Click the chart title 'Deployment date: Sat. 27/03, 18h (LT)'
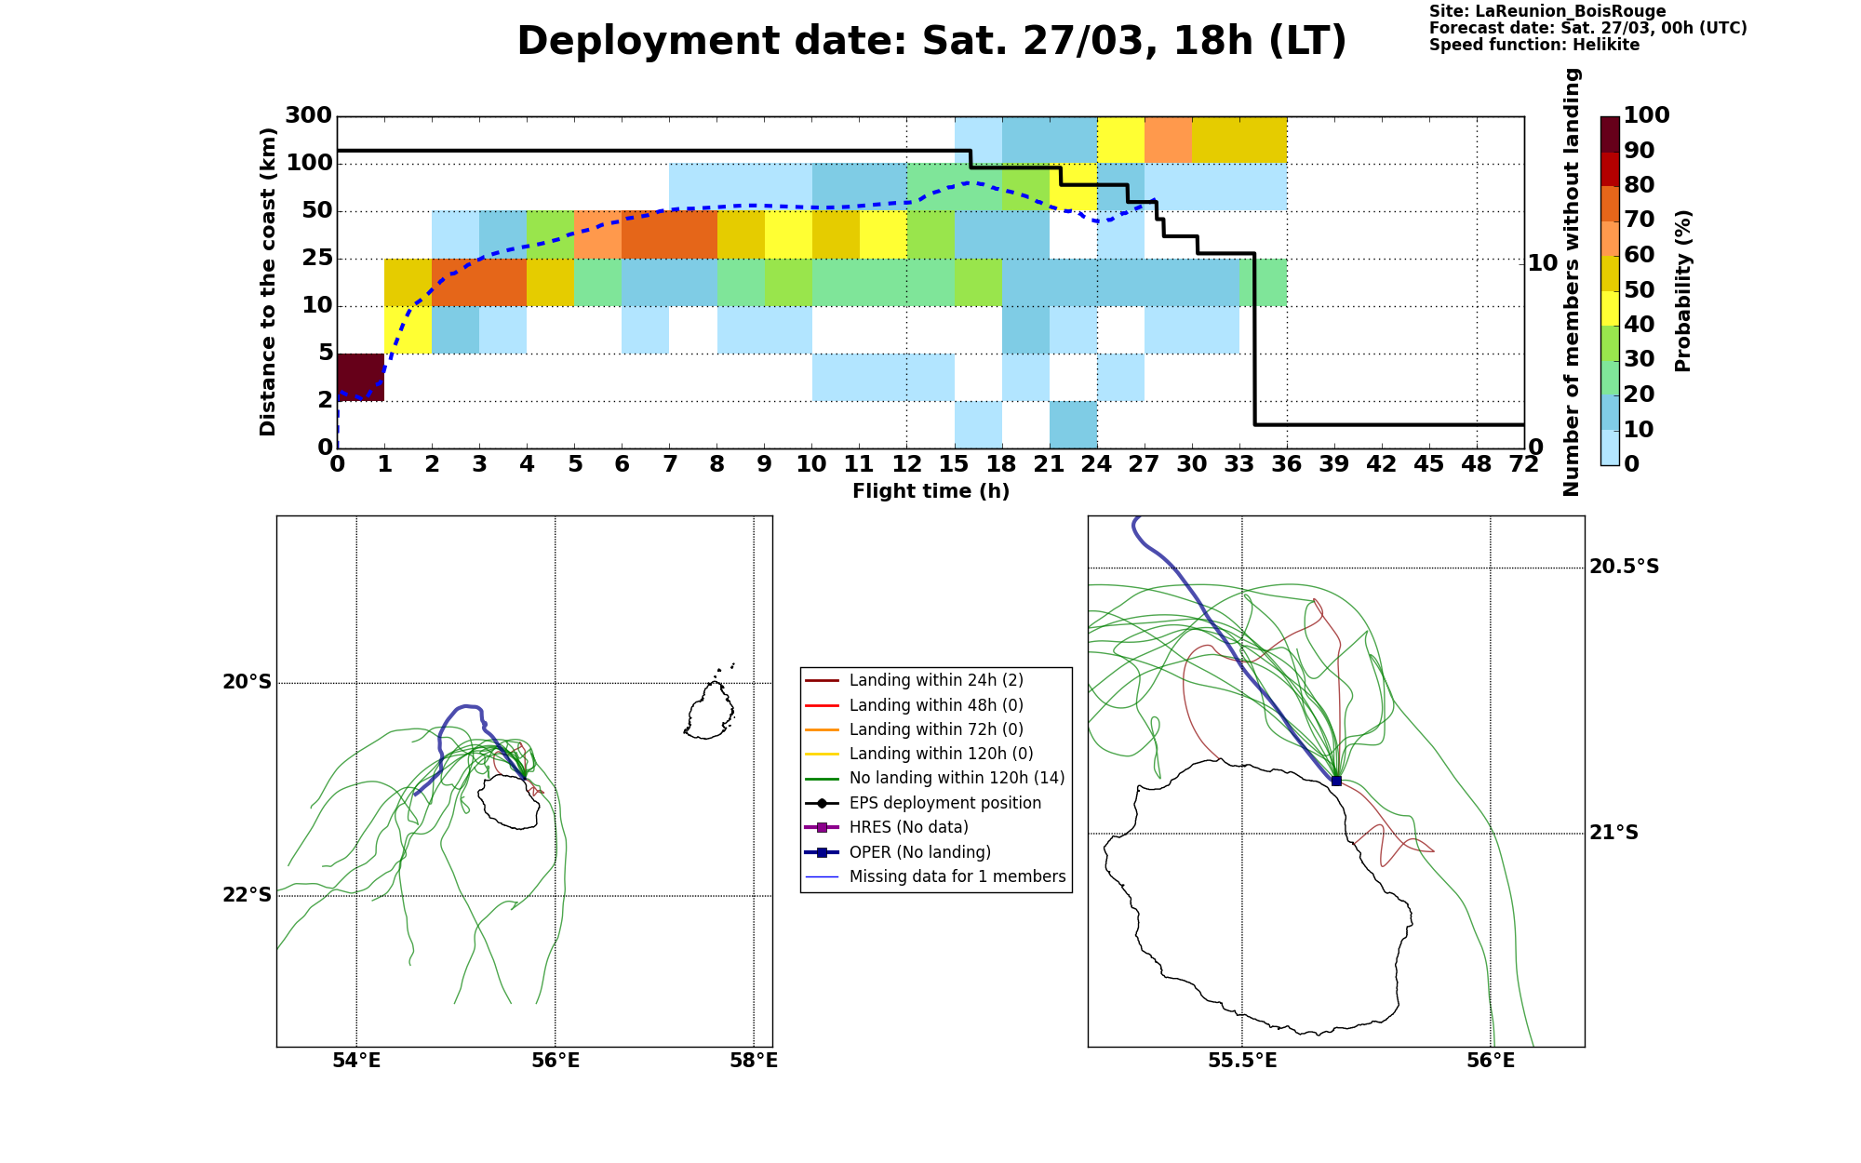(x=931, y=41)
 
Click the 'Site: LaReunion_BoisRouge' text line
(x=1547, y=11)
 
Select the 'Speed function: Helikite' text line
(x=1534, y=45)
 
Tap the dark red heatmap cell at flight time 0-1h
(x=361, y=377)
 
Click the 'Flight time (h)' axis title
(x=930, y=491)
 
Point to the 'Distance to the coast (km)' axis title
(x=268, y=282)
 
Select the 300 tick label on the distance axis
(x=308, y=115)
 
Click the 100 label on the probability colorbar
(x=1646, y=115)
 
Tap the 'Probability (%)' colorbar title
(x=1682, y=290)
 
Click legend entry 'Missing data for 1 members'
(x=936, y=876)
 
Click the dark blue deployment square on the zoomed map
(x=1336, y=781)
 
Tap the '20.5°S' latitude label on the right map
(x=1624, y=567)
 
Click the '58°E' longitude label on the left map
(x=754, y=1061)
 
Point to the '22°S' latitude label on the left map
(x=248, y=895)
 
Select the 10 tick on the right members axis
(x=1543, y=263)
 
